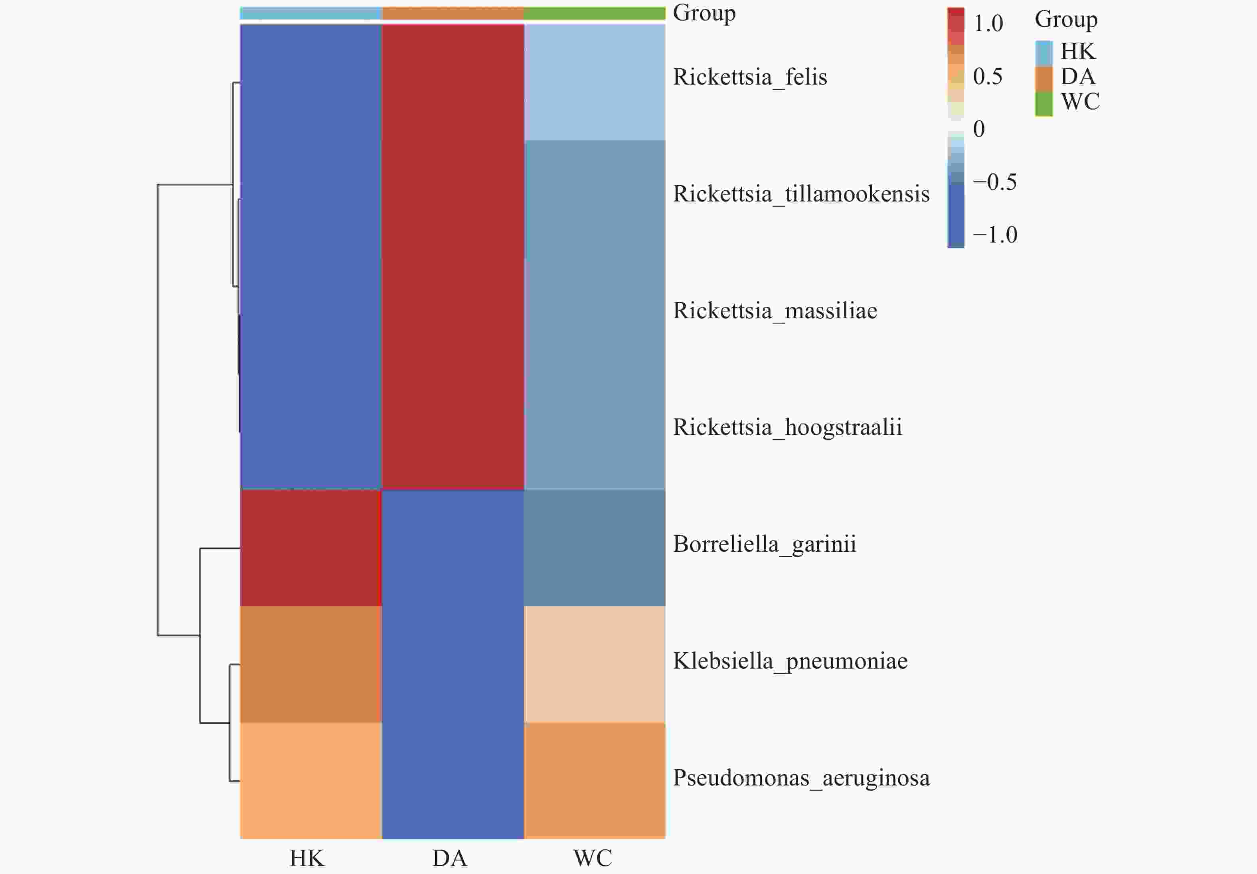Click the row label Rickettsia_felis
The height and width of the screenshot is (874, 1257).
point(749,77)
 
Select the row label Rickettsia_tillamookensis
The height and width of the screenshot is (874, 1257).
point(801,194)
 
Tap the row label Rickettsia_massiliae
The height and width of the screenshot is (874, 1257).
point(775,311)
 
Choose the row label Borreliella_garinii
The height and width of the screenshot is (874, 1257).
point(764,545)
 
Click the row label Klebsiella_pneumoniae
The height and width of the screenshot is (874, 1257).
point(790,661)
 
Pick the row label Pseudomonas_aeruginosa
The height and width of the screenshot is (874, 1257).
point(801,778)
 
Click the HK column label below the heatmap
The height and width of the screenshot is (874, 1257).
point(307,858)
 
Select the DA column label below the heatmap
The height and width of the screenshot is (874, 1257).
point(449,858)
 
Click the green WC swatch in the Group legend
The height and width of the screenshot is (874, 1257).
point(1044,103)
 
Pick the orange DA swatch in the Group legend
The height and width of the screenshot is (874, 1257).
point(1044,78)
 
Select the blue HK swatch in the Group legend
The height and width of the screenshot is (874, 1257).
point(1044,53)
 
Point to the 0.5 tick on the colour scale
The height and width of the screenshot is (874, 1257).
point(988,77)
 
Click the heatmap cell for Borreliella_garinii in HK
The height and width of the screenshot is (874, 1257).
point(311,548)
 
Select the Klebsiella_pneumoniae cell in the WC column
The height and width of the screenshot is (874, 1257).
point(595,665)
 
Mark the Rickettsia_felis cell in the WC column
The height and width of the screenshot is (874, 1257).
point(595,82)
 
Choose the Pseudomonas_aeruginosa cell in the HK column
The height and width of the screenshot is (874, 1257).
point(311,780)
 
